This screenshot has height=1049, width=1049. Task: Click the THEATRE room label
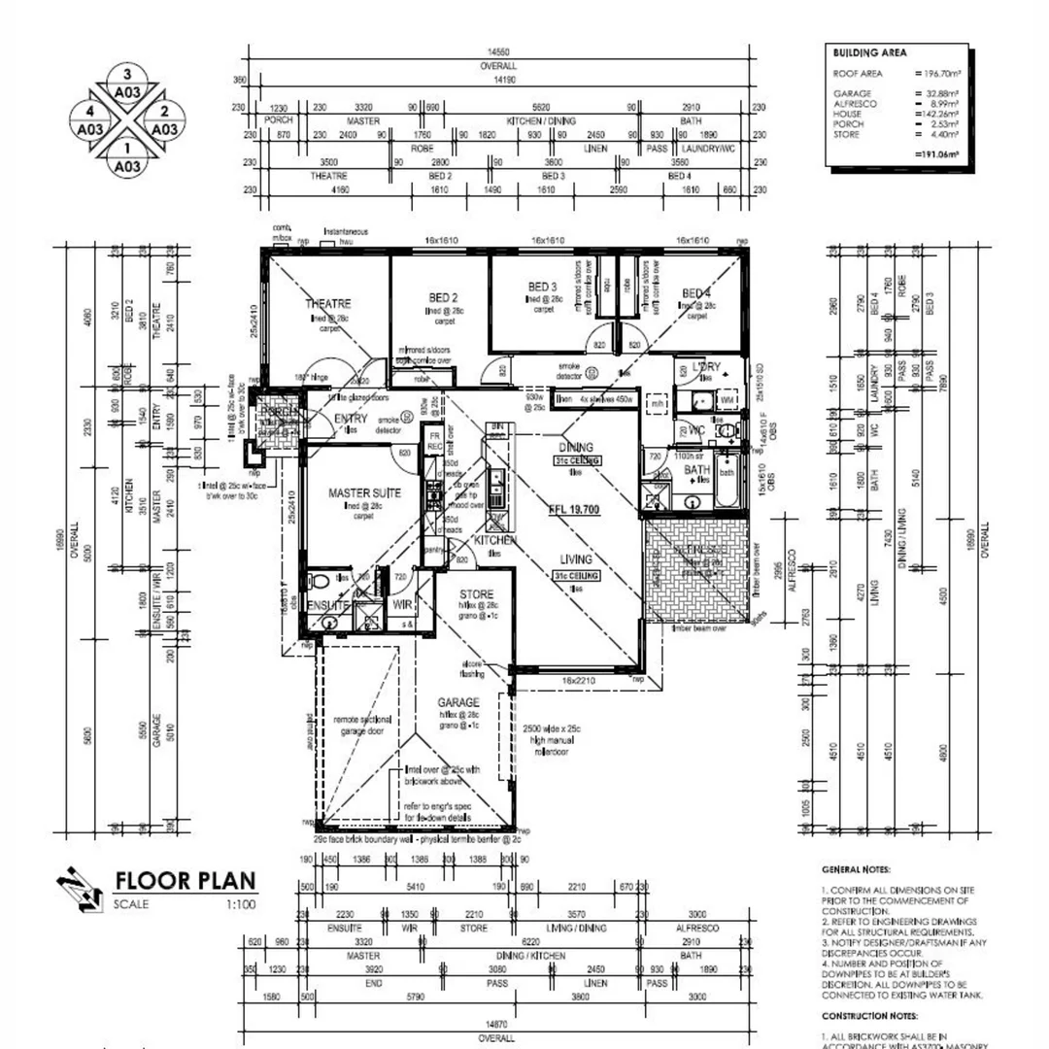point(327,303)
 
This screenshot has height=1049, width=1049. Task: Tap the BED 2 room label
point(443,297)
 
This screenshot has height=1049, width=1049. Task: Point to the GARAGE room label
point(458,701)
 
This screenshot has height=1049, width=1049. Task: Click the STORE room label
point(476,593)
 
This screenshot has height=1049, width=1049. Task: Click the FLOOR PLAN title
point(186,881)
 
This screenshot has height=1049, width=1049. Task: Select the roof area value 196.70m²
point(937,73)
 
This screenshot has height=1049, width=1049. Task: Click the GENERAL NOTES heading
point(856,871)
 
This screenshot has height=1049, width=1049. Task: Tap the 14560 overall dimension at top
point(499,52)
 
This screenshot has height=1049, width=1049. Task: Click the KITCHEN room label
point(493,539)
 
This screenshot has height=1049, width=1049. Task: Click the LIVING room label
point(575,558)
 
